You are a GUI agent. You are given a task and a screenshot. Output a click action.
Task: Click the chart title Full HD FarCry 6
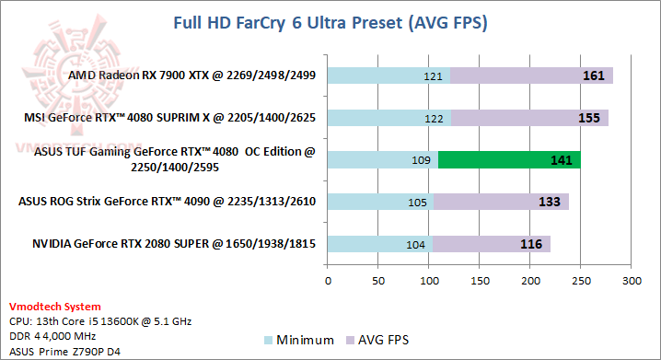(x=330, y=21)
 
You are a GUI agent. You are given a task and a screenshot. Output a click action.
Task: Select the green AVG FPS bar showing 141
(x=509, y=160)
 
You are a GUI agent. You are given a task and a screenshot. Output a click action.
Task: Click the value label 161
(x=593, y=75)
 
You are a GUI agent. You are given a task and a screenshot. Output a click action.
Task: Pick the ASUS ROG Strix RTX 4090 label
(x=172, y=203)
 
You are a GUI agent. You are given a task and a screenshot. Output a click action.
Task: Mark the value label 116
(x=530, y=244)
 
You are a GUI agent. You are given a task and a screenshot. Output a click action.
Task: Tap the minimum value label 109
(x=422, y=160)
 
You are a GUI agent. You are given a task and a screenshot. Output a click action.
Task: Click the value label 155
(x=588, y=118)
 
